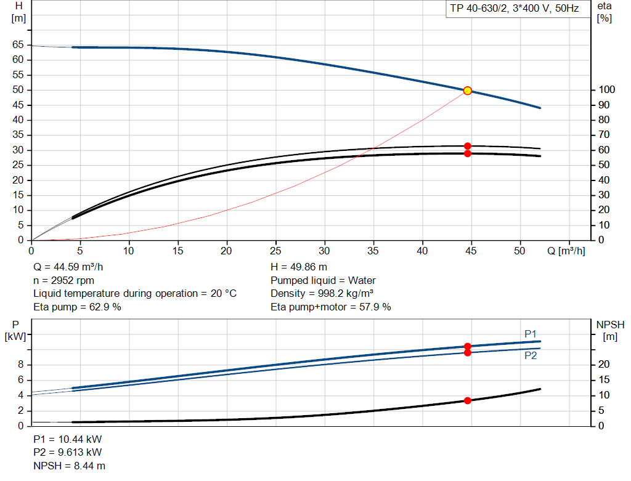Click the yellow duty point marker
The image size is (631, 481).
tap(468, 91)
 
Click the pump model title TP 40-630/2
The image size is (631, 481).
tap(478, 9)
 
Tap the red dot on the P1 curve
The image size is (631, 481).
tap(468, 346)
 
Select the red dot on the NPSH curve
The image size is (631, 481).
tap(468, 400)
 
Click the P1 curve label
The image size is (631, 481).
tap(531, 334)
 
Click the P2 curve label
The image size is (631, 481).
tap(531, 355)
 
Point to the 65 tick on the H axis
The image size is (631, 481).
tap(18, 44)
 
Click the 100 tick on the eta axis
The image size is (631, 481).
tap(606, 90)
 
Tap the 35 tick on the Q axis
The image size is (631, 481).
tap(373, 251)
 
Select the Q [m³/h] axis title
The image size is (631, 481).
tap(566, 251)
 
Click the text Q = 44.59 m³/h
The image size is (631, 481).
tap(68, 267)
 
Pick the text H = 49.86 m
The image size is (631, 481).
tap(299, 267)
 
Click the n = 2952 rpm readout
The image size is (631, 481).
tap(64, 280)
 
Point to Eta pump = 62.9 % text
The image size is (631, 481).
tap(77, 307)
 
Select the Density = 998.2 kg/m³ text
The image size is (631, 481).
tap(322, 294)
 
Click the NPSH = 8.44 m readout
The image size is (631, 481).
tap(69, 466)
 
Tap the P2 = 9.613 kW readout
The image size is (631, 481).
tap(68, 452)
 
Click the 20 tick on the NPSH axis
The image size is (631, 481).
tap(604, 365)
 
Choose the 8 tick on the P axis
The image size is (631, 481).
tap(20, 365)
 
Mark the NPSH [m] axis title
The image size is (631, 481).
tap(610, 331)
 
